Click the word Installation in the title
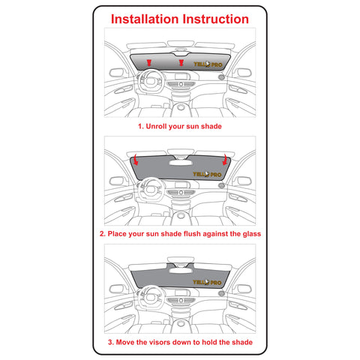tap(145, 19)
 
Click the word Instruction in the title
tap(216, 19)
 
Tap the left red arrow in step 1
tap(149, 63)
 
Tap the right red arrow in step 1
tap(181, 63)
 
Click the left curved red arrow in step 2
tap(136, 160)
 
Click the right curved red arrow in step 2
tap(225, 160)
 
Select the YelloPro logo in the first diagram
tap(208, 64)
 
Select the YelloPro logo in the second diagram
tap(207, 174)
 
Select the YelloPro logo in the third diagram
tap(207, 283)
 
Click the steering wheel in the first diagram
tap(150, 81)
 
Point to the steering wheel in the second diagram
tap(151, 189)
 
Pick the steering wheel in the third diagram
tap(151, 297)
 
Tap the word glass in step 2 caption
tap(252, 234)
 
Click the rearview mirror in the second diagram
tap(181, 163)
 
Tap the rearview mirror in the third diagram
tap(181, 270)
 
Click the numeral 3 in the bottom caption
tap(110, 342)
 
